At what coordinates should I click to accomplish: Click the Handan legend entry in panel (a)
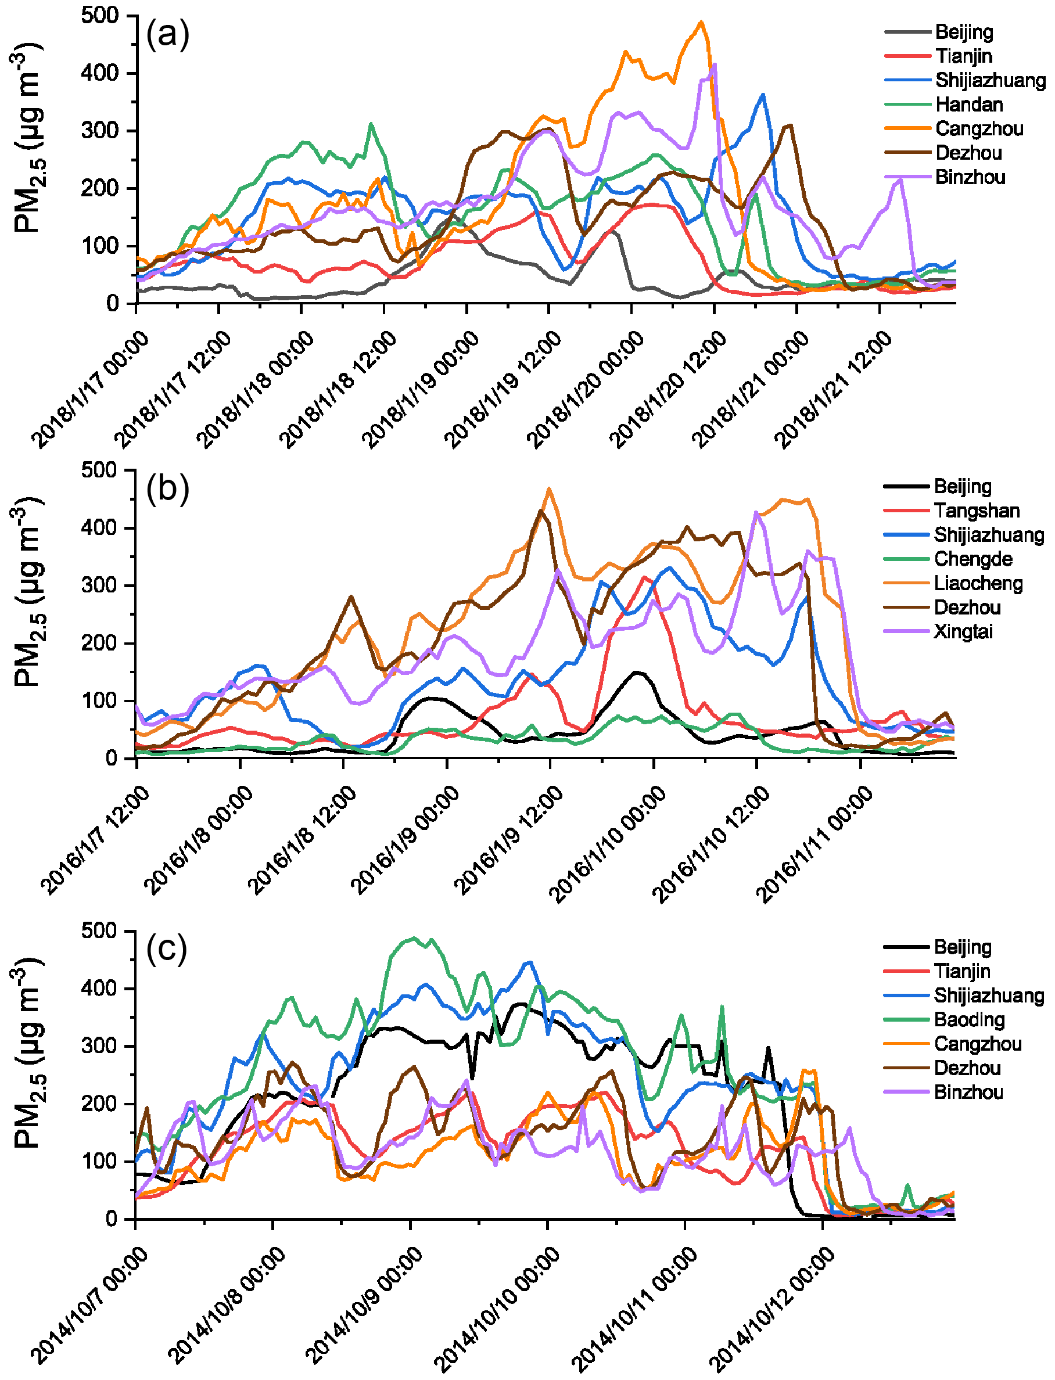[968, 104]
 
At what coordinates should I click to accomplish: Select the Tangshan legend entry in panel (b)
[976, 511]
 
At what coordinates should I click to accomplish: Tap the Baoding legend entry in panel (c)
[969, 1020]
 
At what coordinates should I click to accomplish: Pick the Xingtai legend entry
[963, 631]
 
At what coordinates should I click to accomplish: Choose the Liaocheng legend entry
[978, 583]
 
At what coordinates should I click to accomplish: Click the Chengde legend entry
[973, 559]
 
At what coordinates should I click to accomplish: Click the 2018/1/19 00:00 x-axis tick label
[421, 389]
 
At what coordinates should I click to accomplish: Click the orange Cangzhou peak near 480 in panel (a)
[701, 22]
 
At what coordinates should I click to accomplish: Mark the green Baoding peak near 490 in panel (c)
[412, 938]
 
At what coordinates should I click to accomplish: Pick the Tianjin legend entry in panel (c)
[962, 971]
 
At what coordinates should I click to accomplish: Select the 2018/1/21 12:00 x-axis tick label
[833, 389]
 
